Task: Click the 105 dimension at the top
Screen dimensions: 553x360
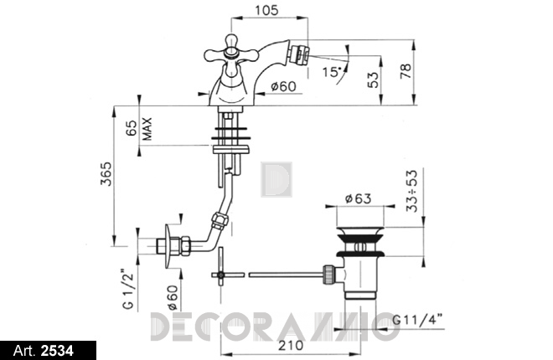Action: (x=267, y=10)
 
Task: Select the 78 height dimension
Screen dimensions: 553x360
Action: (x=406, y=71)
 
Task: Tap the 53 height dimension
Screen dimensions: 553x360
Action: (x=373, y=80)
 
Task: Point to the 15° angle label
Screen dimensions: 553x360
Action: (x=332, y=72)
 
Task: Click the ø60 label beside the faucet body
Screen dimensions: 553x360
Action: (x=284, y=86)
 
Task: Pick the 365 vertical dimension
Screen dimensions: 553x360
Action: (x=106, y=173)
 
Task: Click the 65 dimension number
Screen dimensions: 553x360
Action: (x=131, y=128)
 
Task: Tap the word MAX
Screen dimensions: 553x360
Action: (x=147, y=129)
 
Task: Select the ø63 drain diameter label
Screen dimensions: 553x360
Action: (x=358, y=198)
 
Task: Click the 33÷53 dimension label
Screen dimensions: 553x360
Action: (x=411, y=191)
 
